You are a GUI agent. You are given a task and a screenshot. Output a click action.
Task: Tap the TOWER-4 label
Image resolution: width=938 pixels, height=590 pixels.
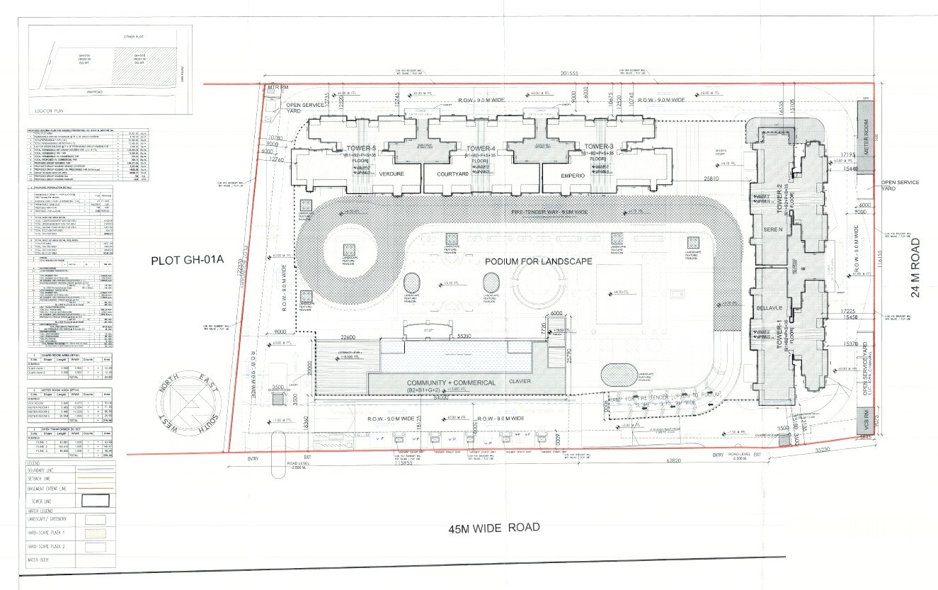pos(481,147)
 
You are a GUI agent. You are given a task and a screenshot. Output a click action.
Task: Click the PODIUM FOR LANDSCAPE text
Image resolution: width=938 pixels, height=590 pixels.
pos(538,261)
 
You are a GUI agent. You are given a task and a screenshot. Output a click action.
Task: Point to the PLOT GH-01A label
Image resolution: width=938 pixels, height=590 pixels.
pos(187,261)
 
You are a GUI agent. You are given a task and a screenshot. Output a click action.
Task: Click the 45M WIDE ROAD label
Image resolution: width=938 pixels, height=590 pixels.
pos(493,528)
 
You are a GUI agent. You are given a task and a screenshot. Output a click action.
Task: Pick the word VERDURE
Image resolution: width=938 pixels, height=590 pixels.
pos(391,174)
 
